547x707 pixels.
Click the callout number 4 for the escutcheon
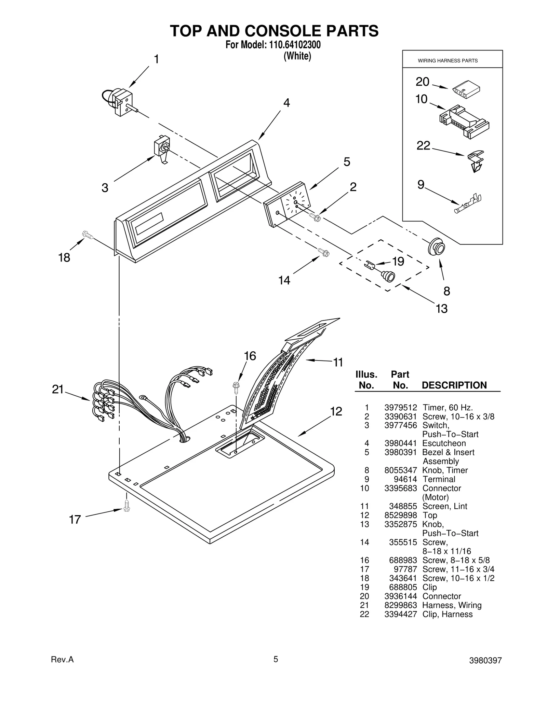(286, 103)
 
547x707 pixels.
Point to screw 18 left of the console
(88, 235)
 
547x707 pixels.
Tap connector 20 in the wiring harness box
(466, 90)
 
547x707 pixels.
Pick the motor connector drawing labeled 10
(464, 121)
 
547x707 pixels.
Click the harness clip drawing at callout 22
(476, 160)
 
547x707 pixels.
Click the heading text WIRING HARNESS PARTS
(448, 61)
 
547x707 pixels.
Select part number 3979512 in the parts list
(400, 407)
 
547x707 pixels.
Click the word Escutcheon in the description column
(444, 443)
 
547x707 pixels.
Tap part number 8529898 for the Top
(400, 515)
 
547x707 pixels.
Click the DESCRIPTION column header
(454, 385)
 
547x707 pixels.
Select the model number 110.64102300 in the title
(293, 45)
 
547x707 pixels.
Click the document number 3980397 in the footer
(485, 670)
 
